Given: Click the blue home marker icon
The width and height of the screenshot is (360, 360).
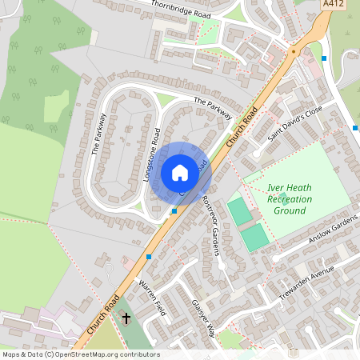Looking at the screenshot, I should (x=179, y=173).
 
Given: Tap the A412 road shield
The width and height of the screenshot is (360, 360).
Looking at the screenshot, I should (x=334, y=5).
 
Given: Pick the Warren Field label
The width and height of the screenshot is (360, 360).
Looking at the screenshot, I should (x=151, y=298).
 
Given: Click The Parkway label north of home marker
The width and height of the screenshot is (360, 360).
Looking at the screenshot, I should (x=212, y=107).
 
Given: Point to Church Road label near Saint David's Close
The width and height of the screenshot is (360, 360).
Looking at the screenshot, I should (x=242, y=126).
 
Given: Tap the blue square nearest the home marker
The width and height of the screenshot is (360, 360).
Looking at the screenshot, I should (x=174, y=211).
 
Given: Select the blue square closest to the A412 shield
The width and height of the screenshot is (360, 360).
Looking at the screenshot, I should (x=323, y=58).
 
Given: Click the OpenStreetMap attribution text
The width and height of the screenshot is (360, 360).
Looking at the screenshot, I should (x=80, y=354).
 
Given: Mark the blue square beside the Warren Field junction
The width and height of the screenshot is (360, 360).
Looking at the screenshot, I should (x=149, y=257).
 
